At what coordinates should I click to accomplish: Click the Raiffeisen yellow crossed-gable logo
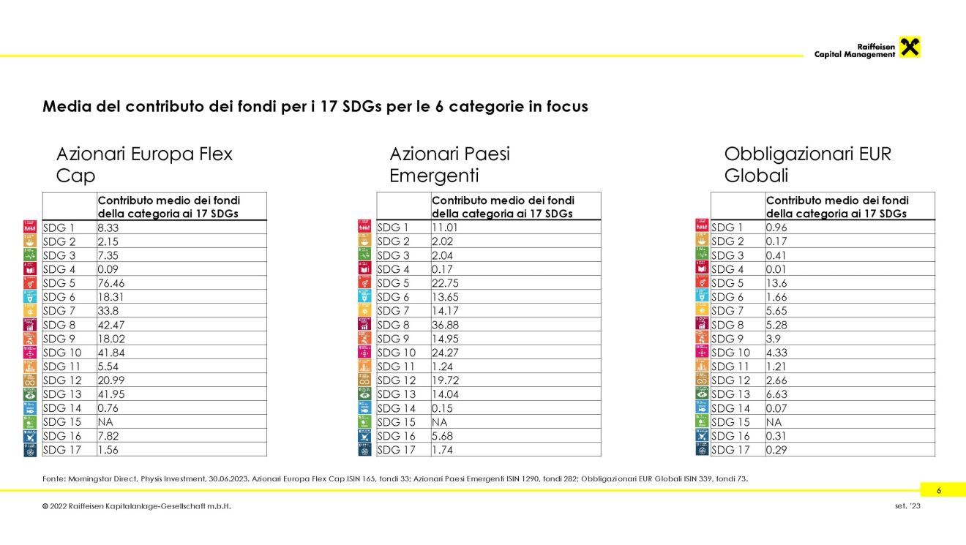tap(910, 47)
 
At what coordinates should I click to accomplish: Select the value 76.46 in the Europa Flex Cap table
tap(111, 283)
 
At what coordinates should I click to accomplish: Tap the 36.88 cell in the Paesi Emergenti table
tap(445, 325)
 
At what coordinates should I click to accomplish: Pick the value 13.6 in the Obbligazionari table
tap(776, 283)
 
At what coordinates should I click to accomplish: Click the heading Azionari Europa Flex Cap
tap(144, 165)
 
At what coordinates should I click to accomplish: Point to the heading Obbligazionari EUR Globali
tap(807, 165)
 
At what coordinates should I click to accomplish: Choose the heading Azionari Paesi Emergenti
tap(449, 165)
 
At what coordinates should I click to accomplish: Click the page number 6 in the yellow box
tap(939, 490)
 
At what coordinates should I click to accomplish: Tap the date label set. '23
tap(907, 505)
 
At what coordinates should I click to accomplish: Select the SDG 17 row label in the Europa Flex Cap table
tap(62, 450)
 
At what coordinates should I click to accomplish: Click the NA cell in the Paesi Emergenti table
tap(439, 422)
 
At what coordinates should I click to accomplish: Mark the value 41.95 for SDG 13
tap(111, 394)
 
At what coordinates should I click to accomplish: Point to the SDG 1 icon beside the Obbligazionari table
tap(702, 225)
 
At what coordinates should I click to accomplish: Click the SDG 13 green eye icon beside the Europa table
tap(30, 394)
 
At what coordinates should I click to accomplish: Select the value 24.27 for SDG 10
tap(445, 353)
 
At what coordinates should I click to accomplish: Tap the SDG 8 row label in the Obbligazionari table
tap(727, 325)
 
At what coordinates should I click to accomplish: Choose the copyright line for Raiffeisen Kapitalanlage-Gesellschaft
tap(137, 506)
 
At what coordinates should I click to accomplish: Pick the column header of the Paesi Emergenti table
tap(503, 207)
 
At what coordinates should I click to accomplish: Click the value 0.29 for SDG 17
tap(776, 450)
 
